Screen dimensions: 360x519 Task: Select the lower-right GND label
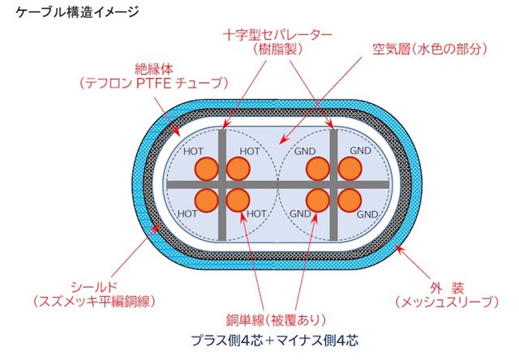(367, 214)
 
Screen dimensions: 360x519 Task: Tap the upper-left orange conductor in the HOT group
(207, 169)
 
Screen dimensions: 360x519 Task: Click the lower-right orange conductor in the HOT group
(238, 199)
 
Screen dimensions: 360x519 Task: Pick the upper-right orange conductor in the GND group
(349, 169)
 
